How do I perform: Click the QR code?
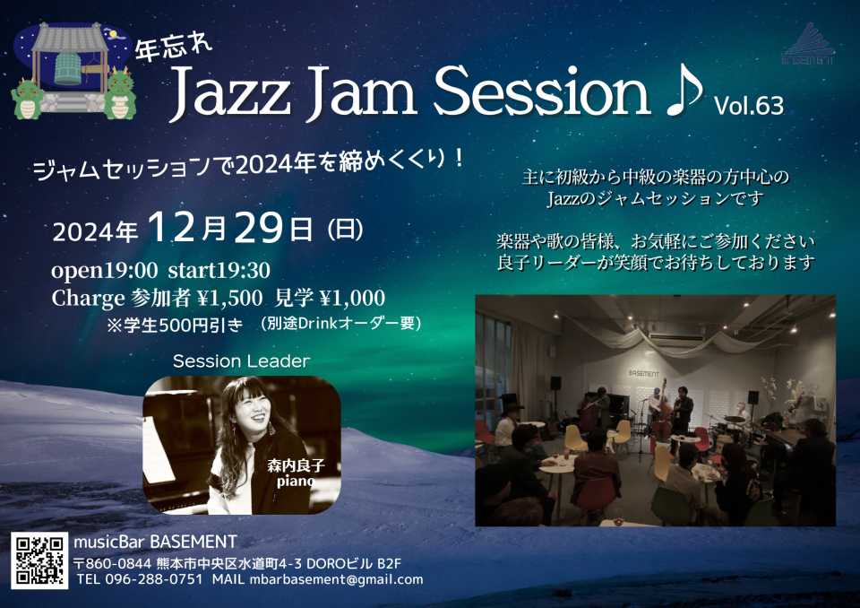39,560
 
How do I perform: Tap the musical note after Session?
684,91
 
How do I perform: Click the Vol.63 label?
749,106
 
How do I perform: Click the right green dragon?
120,93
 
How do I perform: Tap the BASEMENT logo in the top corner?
807,44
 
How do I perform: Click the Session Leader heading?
241,360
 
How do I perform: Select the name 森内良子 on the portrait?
297,465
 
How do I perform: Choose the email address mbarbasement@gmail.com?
336,579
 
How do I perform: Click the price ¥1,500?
229,298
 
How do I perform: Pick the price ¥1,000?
352,298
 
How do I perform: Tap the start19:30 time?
219,270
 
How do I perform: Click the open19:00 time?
104,270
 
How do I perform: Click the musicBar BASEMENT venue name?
155,543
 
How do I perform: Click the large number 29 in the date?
259,228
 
